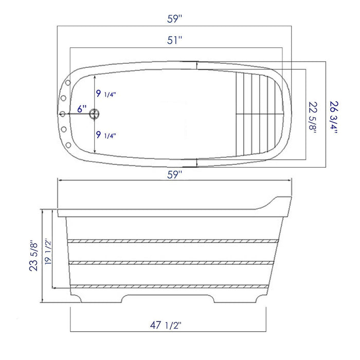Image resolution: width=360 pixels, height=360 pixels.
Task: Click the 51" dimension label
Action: point(175,41)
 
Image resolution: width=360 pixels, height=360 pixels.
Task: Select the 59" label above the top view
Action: point(175,19)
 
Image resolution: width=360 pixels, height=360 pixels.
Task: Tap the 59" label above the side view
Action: point(175,175)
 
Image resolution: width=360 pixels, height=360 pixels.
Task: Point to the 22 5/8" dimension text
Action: point(313,117)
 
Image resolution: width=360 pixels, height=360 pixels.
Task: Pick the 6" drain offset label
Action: point(82,109)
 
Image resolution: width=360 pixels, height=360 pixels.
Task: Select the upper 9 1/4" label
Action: point(105,94)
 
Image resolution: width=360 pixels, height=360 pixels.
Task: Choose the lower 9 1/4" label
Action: point(105,135)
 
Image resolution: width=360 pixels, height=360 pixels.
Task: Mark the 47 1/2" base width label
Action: point(166,325)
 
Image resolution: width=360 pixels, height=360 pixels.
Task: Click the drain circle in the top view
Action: point(94,114)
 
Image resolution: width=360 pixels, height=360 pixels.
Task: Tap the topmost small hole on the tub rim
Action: point(67,83)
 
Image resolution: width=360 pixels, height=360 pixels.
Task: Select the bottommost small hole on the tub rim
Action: point(67,144)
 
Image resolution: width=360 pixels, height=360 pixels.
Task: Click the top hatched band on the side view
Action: point(172,241)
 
